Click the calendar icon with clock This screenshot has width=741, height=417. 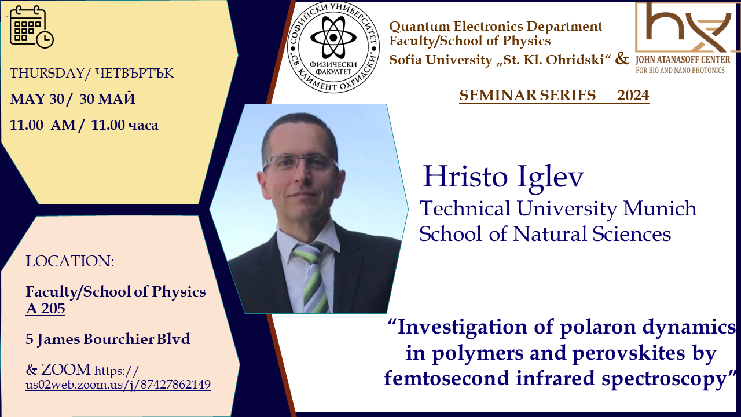click(31, 27)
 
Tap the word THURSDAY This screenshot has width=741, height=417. click(47, 73)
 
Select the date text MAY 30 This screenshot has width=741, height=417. click(36, 98)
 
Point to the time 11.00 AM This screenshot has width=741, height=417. click(43, 125)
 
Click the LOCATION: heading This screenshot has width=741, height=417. click(70, 261)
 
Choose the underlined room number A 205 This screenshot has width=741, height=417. click(45, 309)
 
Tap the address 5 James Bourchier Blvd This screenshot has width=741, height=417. click(108, 339)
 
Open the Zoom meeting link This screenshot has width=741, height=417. click(118, 378)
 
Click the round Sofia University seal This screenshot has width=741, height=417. click(333, 47)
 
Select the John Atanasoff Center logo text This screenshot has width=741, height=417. click(683, 64)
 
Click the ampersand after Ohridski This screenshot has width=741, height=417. click(622, 58)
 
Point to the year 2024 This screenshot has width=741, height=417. click(633, 96)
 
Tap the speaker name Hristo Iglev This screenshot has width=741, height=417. click(503, 177)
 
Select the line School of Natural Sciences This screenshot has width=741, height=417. click(545, 233)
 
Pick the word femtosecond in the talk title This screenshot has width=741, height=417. click(446, 378)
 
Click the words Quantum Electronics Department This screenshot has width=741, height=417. click(496, 27)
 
